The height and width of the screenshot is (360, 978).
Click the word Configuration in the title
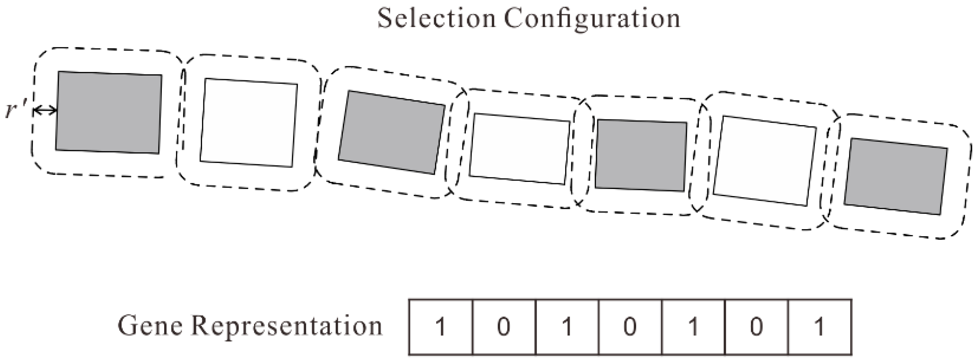coord(592,19)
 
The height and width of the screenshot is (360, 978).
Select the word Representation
coord(286,326)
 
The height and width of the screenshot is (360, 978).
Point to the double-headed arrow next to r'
coord(45,111)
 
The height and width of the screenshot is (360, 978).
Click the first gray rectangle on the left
coord(109,113)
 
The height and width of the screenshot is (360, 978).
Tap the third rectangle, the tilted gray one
coord(391,132)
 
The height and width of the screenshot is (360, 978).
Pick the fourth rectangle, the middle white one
coord(520,149)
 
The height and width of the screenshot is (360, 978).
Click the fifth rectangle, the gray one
coord(641,155)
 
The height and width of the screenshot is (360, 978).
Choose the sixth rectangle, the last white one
coord(765,161)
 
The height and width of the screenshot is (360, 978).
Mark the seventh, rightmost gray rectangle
coord(896,176)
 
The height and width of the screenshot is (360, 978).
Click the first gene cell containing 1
coord(440,327)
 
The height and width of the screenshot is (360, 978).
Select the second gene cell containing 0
coord(504,327)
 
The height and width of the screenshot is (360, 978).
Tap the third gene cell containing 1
coord(567,327)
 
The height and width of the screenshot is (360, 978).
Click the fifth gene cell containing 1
coord(693,327)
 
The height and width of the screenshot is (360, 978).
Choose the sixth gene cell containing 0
coord(756,327)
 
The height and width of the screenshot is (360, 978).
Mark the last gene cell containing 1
coord(820,327)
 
